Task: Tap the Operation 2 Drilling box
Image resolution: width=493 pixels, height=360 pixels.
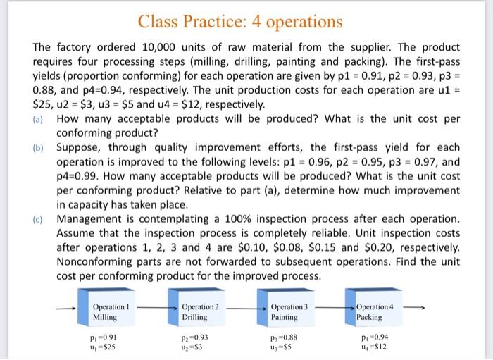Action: click(199, 312)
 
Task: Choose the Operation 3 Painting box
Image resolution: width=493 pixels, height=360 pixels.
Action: click(287, 312)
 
